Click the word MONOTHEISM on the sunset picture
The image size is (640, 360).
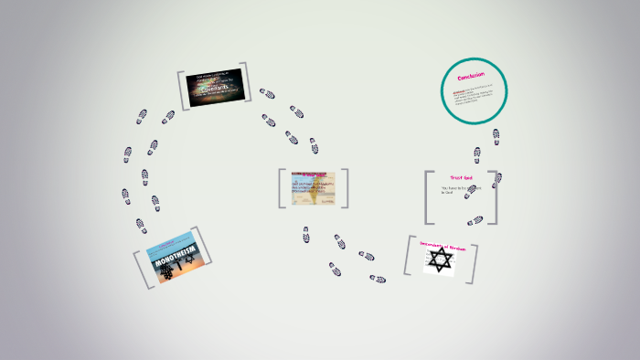(166, 258)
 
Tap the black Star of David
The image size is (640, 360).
(440, 260)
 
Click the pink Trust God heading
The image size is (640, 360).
(461, 176)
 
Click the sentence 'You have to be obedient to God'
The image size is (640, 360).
(461, 192)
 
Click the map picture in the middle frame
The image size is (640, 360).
(313, 187)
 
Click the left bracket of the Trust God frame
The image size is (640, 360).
(428, 197)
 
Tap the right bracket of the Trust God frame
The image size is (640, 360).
(495, 197)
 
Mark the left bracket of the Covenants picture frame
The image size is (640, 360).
(182, 90)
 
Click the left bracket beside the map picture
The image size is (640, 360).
(282, 188)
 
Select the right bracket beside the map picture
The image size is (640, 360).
(345, 188)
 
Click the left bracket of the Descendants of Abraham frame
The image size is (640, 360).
(408, 256)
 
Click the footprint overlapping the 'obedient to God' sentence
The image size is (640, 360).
(470, 193)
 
